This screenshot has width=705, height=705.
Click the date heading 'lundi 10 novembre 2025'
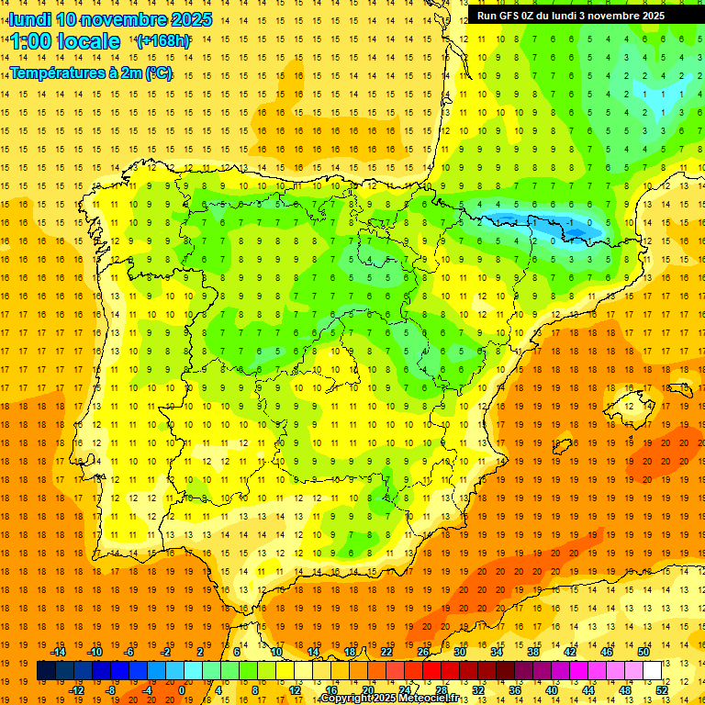(x=110, y=19)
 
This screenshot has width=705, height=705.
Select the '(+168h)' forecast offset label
(x=163, y=40)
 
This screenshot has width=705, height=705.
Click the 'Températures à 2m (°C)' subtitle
(x=91, y=73)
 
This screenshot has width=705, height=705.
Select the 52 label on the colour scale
(x=662, y=689)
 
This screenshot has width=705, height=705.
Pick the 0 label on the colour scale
(x=182, y=689)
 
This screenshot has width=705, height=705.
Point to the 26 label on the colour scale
(x=423, y=652)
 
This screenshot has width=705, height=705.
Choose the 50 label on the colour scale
(x=643, y=652)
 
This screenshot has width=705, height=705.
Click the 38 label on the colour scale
(x=533, y=652)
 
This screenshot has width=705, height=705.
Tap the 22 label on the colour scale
(x=386, y=652)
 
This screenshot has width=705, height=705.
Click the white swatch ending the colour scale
(x=652, y=671)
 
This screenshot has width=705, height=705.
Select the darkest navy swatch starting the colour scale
(x=46, y=671)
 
